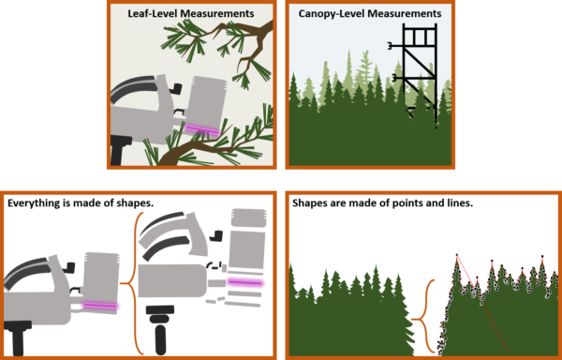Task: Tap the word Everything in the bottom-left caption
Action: pyautogui.click(x=36, y=202)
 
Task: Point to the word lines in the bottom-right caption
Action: pyautogui.click(x=436, y=202)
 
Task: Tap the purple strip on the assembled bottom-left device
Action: pyautogui.click(x=98, y=305)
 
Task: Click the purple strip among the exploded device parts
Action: pyautogui.click(x=244, y=281)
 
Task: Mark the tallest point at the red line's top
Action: pyautogui.click(x=456, y=254)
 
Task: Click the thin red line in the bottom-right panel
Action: pyautogui.click(x=480, y=300)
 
